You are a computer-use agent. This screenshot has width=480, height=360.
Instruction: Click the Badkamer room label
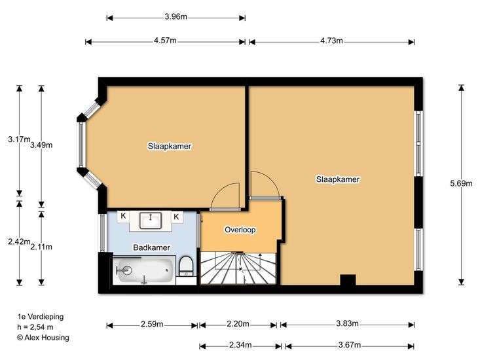click(x=151, y=247)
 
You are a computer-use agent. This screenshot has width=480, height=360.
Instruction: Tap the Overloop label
click(x=240, y=229)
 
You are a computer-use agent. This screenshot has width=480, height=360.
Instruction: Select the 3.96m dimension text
click(x=175, y=16)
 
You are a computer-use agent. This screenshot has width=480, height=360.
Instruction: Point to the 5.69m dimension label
click(x=461, y=183)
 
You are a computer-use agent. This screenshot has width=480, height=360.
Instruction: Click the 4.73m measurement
click(x=331, y=41)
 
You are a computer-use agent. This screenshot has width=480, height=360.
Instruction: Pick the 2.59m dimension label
click(x=152, y=323)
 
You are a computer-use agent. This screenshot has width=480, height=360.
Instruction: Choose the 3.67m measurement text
click(x=349, y=345)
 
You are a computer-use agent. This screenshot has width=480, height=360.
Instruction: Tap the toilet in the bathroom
click(x=185, y=266)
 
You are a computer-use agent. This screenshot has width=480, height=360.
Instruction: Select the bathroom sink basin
click(x=151, y=221)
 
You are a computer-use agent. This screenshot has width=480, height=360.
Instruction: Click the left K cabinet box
click(x=123, y=216)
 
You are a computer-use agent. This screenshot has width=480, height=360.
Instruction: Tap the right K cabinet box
click(x=176, y=217)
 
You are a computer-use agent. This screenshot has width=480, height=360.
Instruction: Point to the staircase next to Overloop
click(x=238, y=268)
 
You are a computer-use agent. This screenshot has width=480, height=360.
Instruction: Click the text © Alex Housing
click(x=43, y=337)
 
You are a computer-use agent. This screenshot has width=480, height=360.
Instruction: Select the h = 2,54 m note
click(x=35, y=327)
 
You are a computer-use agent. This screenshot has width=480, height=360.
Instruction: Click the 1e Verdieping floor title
click(x=41, y=317)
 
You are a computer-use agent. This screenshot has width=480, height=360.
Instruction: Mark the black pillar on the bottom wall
click(x=348, y=280)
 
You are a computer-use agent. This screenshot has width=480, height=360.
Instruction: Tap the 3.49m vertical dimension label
click(x=41, y=145)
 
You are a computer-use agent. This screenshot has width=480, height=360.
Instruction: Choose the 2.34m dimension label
click(x=240, y=345)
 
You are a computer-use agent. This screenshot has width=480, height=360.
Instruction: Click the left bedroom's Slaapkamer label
click(x=170, y=146)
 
